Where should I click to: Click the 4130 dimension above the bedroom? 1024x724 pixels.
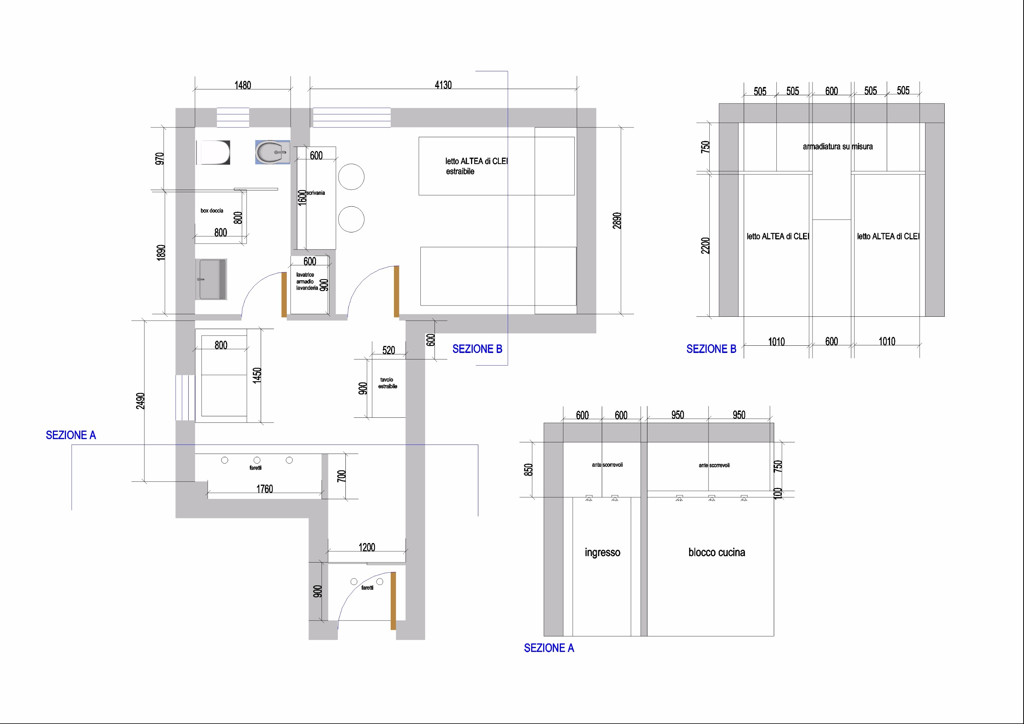(x=443, y=85)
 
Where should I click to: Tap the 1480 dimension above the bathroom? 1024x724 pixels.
(x=243, y=85)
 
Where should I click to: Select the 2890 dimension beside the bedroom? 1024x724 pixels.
(x=617, y=221)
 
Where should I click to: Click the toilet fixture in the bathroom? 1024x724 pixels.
(x=213, y=152)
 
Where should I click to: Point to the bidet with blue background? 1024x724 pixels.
(x=273, y=152)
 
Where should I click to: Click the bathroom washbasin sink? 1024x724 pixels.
(x=211, y=279)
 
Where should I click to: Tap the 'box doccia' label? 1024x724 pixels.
(x=212, y=210)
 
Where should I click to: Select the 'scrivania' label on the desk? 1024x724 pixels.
(x=316, y=193)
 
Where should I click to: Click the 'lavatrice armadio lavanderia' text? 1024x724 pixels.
(x=307, y=281)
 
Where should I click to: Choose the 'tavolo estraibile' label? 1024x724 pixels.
(x=387, y=383)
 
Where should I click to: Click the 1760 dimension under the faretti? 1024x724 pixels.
(x=264, y=489)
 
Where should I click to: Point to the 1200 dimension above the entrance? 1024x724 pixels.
(x=366, y=547)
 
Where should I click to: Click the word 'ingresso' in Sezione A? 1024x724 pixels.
(x=603, y=553)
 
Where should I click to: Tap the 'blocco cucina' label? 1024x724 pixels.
(x=717, y=552)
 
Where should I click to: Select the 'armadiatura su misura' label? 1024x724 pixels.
(x=838, y=146)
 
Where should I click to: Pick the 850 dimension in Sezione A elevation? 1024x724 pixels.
(x=528, y=470)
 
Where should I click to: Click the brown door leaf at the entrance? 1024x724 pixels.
(x=393, y=601)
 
